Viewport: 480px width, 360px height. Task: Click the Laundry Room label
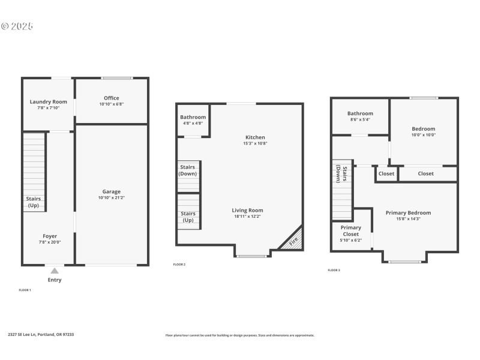[x=49, y=101]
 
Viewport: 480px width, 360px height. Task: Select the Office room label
[x=112, y=98]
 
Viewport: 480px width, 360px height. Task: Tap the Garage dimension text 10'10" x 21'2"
[x=112, y=197]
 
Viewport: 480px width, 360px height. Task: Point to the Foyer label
[x=50, y=236]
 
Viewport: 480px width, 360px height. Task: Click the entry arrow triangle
[x=55, y=271]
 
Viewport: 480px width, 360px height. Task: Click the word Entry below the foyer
[x=55, y=280]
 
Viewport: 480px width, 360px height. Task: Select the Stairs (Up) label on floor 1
[x=34, y=202]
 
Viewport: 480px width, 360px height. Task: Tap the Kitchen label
[x=255, y=137]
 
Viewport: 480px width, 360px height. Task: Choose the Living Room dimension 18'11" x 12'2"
[x=248, y=217]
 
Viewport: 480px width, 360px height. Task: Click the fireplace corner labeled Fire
[x=294, y=242]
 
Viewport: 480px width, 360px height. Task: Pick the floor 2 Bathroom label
[x=193, y=117]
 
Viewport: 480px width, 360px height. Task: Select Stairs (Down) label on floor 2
[x=188, y=170]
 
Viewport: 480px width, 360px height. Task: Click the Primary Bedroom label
[x=408, y=212]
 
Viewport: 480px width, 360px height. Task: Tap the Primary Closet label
[x=351, y=231]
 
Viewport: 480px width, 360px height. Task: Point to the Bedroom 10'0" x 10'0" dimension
[x=424, y=135]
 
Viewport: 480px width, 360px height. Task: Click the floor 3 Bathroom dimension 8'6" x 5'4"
[x=360, y=119]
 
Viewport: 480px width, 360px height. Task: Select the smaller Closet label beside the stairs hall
[x=386, y=173]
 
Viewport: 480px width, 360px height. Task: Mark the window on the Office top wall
[x=117, y=78]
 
